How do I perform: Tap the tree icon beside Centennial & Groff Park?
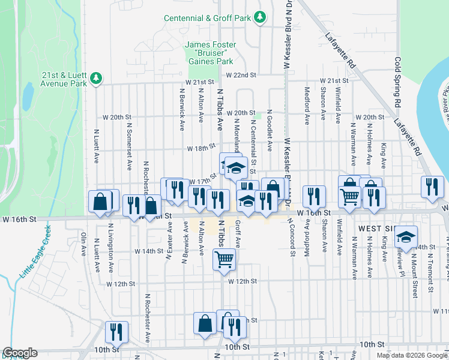pos(260,18)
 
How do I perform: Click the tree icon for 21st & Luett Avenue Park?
pos(95,78)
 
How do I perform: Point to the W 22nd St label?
pos(241,75)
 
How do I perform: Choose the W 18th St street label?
pos(200,148)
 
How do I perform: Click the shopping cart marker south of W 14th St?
pos(224,259)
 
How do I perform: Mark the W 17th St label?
pos(202,181)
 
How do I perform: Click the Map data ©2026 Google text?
pos(412,355)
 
